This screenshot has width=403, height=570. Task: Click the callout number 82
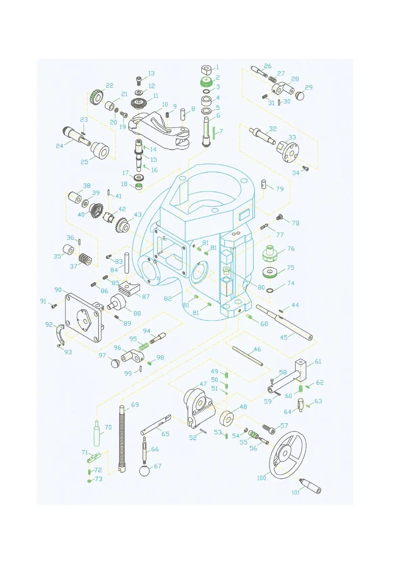click(x=168, y=299)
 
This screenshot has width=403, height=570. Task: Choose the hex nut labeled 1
click(x=206, y=71)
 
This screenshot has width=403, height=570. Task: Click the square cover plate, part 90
click(x=83, y=318)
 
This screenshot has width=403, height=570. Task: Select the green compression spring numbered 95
click(x=143, y=346)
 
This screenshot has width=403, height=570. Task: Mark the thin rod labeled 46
click(x=248, y=356)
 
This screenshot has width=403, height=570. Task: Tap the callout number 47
click(x=203, y=384)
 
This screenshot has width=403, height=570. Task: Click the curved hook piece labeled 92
click(x=60, y=334)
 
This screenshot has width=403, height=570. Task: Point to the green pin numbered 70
click(x=97, y=434)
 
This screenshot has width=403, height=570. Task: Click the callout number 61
click(x=318, y=361)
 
